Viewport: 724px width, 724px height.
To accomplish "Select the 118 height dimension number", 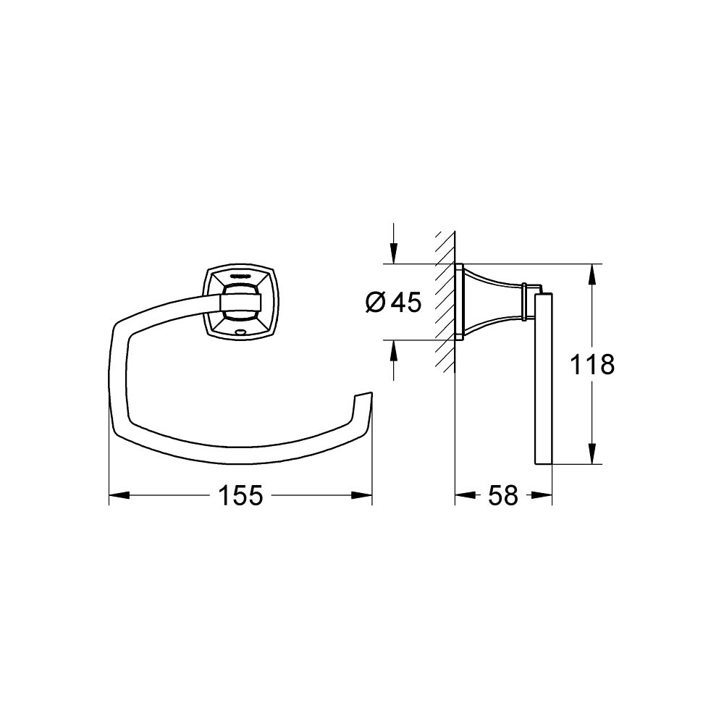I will tap(592, 364).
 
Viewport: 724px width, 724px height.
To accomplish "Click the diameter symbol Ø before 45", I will tap(376, 302).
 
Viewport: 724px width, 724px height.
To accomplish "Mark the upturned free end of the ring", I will tap(364, 397).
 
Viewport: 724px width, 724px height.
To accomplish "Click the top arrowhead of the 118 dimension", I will tap(592, 274).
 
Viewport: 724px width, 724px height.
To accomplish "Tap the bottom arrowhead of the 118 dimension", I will tap(592, 454).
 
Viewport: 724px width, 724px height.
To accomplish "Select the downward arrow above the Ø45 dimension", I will tap(393, 253).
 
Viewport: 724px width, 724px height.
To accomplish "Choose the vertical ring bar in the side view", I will tap(544, 376).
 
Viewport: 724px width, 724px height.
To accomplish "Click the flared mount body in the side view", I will tap(489, 300).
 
